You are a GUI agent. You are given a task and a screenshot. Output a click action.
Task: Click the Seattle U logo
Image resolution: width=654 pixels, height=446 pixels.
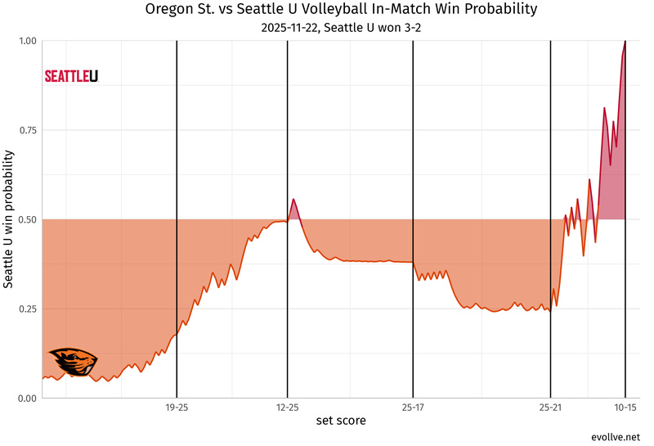[71, 76]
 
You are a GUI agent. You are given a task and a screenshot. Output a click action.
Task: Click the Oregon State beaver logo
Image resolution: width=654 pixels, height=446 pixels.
[73, 362]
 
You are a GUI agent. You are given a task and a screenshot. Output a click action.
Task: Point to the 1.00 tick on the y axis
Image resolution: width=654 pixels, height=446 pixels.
[26, 41]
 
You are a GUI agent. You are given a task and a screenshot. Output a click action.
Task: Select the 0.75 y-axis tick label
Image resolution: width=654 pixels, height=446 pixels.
[26, 130]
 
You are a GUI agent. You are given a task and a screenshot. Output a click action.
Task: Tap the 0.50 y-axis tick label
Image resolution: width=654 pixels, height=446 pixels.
[26, 219]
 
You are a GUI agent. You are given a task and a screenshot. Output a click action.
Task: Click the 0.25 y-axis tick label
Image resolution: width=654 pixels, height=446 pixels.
[26, 309]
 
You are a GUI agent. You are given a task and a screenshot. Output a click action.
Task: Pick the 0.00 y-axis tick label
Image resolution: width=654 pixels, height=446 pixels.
[26, 399]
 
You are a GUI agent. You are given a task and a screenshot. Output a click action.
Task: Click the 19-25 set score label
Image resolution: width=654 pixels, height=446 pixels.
[177, 407]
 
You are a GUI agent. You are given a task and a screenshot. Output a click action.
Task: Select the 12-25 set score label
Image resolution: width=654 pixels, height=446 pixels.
[287, 407]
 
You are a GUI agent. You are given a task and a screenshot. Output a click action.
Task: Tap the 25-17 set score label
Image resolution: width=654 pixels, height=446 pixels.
[413, 407]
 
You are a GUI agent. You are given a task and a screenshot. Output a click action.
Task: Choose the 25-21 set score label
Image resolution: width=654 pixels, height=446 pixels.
[550, 407]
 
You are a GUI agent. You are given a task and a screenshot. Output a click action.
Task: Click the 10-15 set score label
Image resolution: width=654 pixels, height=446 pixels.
[625, 407]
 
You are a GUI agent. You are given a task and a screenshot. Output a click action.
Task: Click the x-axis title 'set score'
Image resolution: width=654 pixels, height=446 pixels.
[341, 421]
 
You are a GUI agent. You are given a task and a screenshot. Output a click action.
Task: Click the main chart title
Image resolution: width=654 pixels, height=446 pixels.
[341, 10]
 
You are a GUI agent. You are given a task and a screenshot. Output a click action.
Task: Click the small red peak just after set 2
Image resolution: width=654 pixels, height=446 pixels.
[293, 200]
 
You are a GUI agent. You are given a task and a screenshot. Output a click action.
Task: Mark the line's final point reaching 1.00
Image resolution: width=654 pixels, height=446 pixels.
[625, 42]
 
